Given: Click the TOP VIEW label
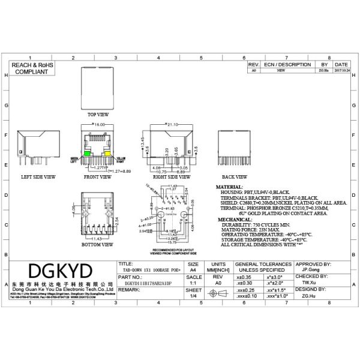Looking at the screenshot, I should pyautogui.click(x=98, y=113).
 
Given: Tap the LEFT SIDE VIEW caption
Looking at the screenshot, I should pyautogui.click(x=38, y=177).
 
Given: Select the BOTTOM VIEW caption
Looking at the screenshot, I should pyautogui.click(x=98, y=245).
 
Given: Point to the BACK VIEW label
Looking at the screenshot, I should pyautogui.click(x=235, y=177).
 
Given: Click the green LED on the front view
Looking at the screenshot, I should pyautogui.click(x=88, y=154).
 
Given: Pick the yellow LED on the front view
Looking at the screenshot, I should pyautogui.click(x=109, y=154).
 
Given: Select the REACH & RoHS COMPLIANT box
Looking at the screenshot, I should pyautogui.click(x=32, y=67).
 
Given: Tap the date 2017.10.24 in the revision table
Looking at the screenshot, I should pyautogui.click(x=341, y=70).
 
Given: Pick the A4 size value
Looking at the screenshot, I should pyautogui.click(x=193, y=271).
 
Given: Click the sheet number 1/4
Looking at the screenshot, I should pyautogui.click(x=193, y=296).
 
